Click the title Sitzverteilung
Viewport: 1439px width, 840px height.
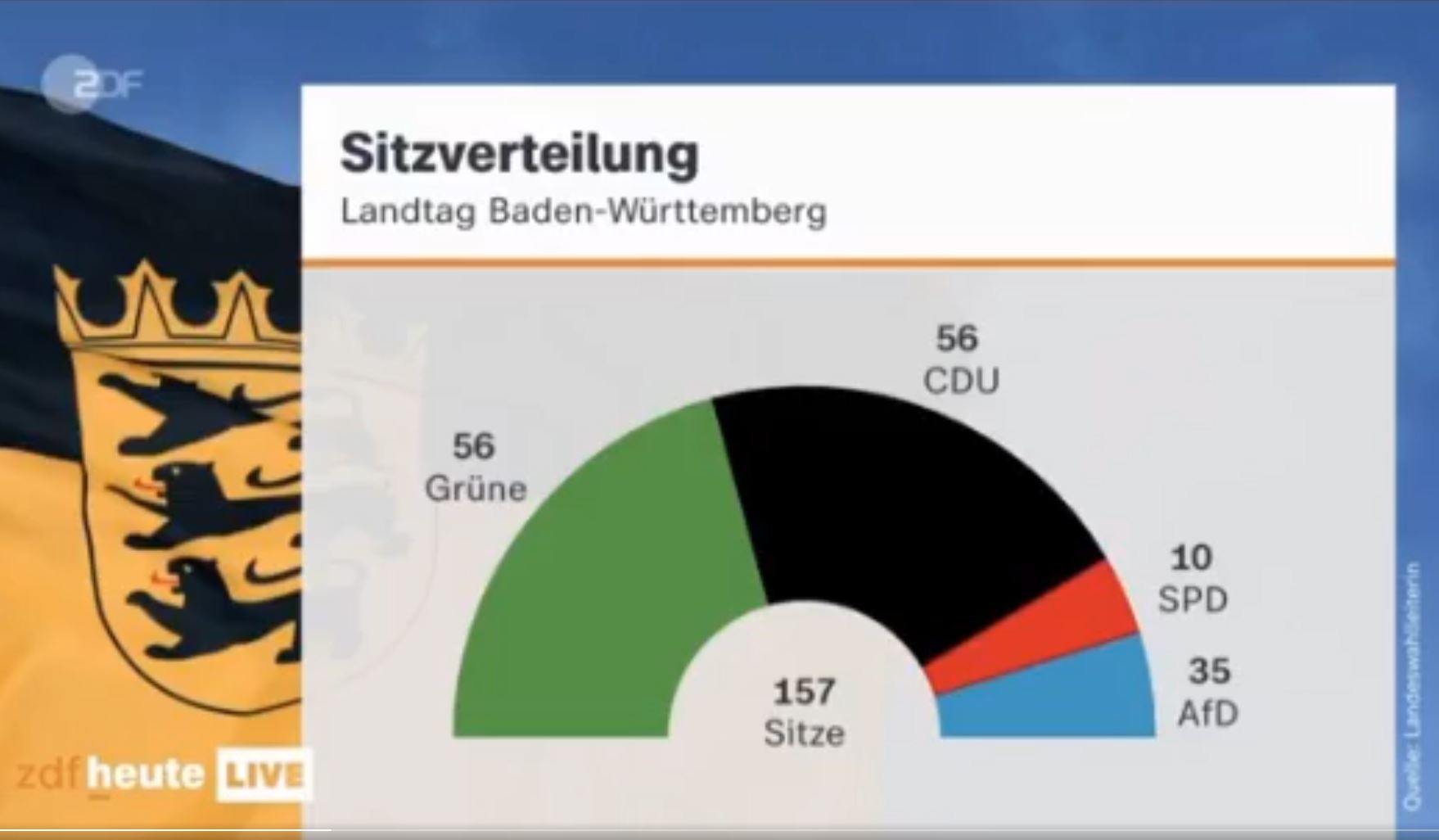519,154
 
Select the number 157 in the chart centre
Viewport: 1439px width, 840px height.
804,693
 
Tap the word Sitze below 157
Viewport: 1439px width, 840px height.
804,733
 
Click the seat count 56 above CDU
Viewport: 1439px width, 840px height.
957,339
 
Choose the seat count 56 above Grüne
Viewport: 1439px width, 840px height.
474,447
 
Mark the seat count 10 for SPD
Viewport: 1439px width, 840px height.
1191,558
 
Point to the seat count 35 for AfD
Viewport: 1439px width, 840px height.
1209,671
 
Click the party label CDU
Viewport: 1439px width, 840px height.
961,382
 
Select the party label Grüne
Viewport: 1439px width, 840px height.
476,490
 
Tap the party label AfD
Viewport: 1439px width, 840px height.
1207,714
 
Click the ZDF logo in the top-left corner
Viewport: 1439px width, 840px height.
92,84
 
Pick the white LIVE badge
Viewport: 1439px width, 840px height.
263,775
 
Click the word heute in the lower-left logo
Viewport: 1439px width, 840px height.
144,775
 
